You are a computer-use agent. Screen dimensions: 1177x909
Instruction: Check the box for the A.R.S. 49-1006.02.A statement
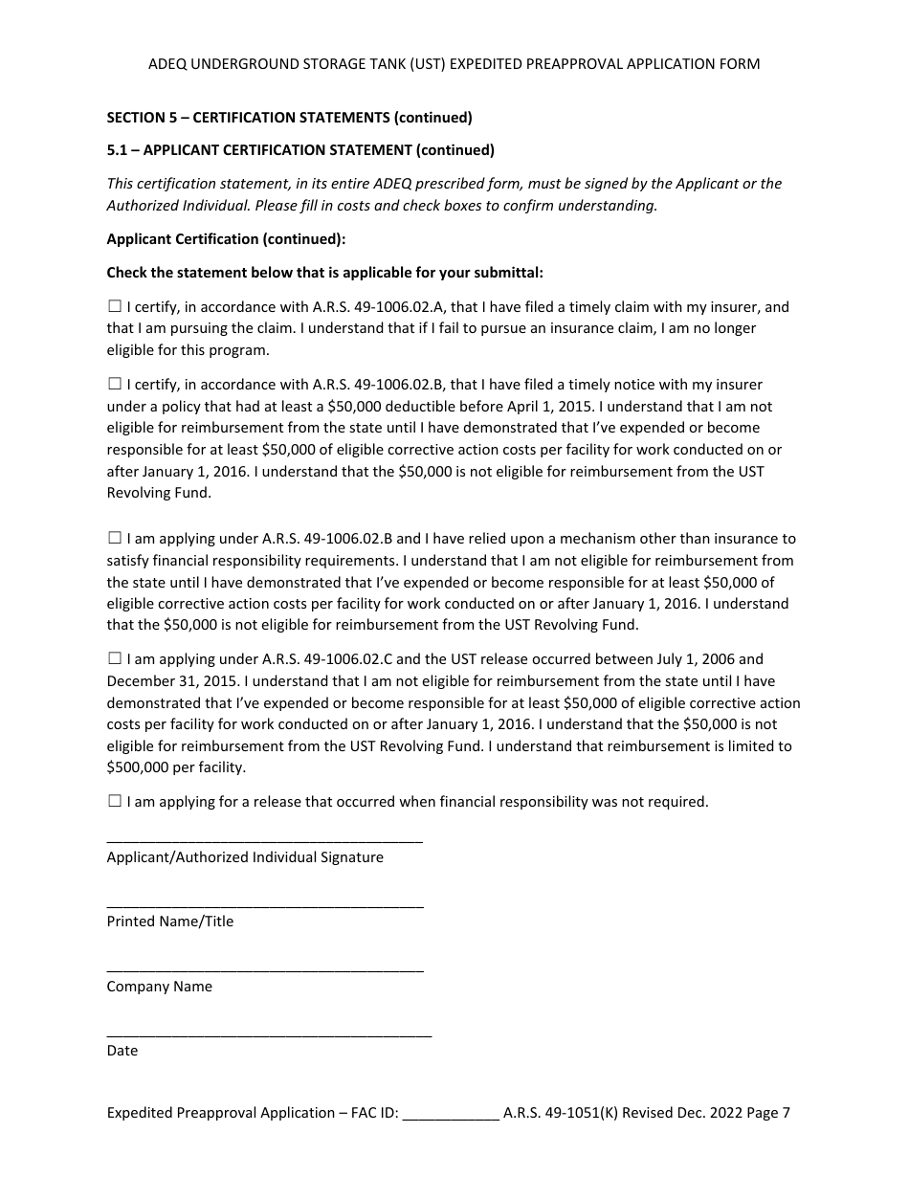115,307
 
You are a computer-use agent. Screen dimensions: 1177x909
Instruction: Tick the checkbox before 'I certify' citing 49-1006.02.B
115,384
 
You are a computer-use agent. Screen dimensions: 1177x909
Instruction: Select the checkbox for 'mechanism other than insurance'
115,539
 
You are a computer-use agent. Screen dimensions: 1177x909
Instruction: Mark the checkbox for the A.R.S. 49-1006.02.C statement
115,659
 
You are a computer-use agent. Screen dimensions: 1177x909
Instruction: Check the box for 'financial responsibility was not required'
115,802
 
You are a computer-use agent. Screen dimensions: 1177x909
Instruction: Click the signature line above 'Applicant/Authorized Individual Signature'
264,839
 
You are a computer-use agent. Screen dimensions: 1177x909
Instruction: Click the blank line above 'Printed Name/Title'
264,903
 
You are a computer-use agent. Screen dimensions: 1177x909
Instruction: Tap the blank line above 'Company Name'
264,968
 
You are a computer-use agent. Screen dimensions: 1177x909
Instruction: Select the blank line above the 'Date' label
269,1033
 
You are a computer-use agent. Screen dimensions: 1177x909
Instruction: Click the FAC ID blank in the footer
451,1114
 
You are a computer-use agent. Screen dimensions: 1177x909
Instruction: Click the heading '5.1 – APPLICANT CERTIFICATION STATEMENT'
299,150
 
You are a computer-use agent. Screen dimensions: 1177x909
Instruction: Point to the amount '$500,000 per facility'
176,767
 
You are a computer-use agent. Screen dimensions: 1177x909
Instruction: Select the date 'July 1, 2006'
696,659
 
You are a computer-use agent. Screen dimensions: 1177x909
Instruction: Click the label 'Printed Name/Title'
169,922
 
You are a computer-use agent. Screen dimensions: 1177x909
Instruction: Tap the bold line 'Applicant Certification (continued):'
226,239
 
